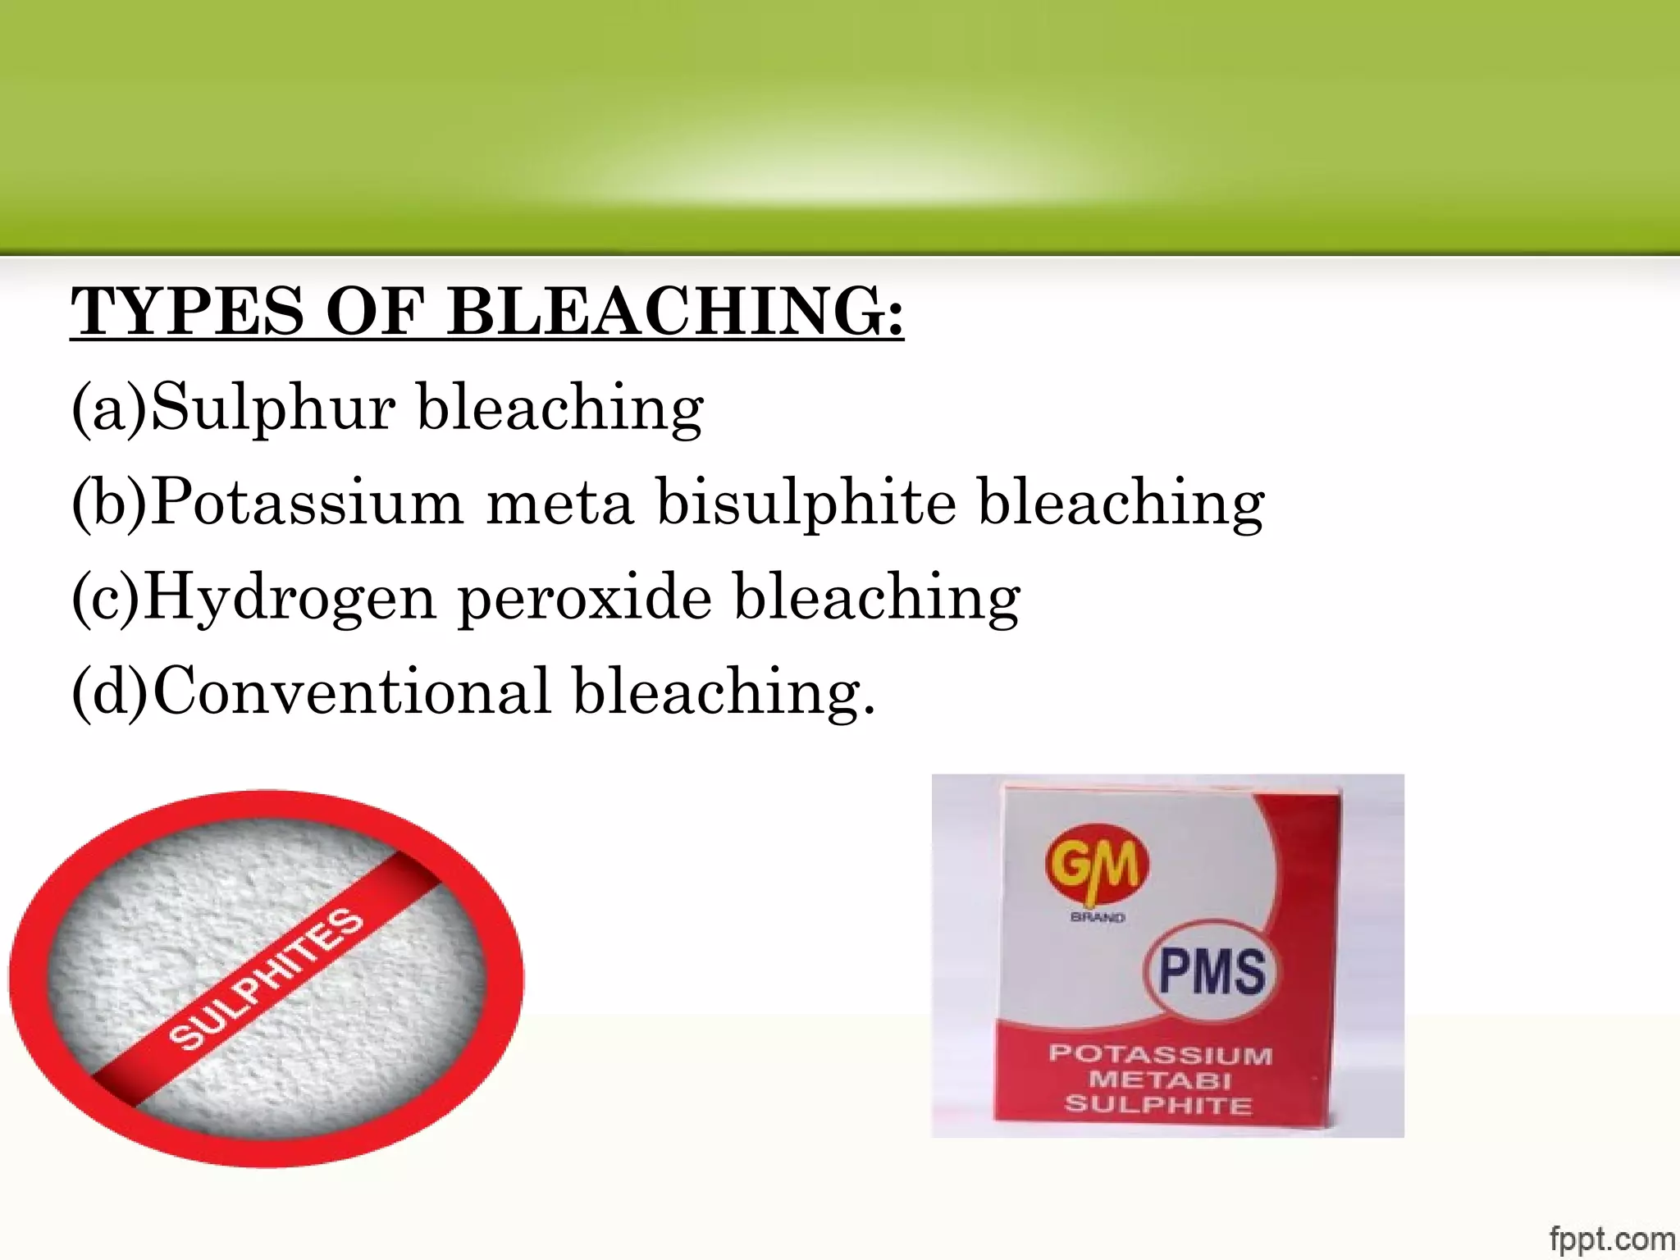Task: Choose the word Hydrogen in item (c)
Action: (x=289, y=598)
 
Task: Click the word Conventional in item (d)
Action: (x=351, y=692)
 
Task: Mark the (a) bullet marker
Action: (x=109, y=408)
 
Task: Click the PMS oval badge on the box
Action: (x=1211, y=971)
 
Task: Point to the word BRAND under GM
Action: (x=1098, y=917)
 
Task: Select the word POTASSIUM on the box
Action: (x=1160, y=1054)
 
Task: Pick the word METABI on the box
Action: (x=1160, y=1080)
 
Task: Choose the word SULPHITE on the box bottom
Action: (x=1158, y=1105)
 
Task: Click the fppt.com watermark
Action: (x=1612, y=1239)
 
